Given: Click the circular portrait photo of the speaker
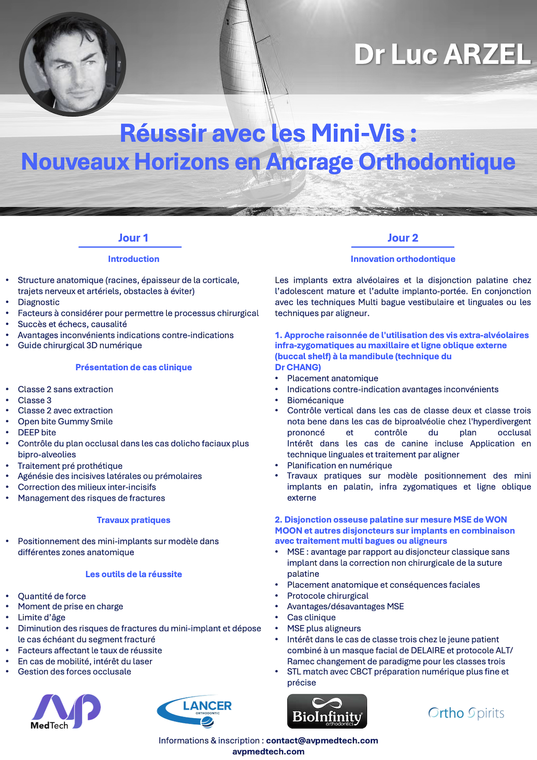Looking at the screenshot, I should pos(72,64).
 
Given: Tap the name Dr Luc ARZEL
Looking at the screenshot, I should pos(442,55).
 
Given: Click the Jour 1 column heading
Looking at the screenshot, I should pos(133,238).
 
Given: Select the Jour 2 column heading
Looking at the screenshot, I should pos(403,238).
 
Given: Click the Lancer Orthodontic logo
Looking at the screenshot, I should pos(195,711).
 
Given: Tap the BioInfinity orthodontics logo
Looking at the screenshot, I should pos(327,711).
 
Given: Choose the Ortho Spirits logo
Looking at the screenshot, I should pos(466,713).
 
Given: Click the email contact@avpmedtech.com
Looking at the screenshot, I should pos(322,741).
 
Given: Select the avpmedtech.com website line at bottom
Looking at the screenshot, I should pos(268,752).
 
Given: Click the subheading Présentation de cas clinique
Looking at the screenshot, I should pos(134,367).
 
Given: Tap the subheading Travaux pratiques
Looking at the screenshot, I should pos(134,520).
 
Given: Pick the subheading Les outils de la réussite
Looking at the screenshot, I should pos(134,574).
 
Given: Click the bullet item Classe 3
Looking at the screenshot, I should pos(35,400).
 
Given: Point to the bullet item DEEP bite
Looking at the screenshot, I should pos(37,432).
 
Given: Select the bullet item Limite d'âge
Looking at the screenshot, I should pos(41,617).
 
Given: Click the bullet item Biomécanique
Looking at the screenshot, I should pos(315,400).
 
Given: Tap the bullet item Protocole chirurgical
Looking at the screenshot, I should pos(328,596).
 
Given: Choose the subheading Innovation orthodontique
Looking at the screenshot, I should pos(403,259).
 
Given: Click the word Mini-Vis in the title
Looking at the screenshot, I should pos(358,133).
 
